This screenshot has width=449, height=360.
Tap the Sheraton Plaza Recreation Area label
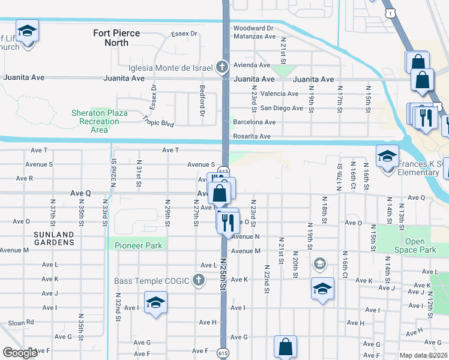coord(100,121)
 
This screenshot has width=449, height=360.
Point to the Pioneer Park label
coord(134,245)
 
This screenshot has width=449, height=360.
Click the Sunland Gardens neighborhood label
coord(53,238)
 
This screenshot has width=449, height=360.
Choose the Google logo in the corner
coord(20,353)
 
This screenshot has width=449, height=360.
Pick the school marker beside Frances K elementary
coord(388,156)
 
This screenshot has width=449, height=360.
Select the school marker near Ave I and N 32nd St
coord(155,302)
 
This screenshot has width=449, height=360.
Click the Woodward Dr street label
coord(253,28)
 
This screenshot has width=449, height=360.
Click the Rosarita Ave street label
coord(252,136)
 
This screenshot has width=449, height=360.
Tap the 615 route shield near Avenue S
coord(223,171)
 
